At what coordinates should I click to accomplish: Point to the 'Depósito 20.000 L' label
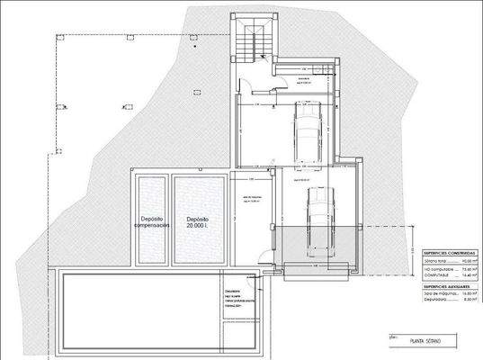pyautogui.click(x=198, y=222)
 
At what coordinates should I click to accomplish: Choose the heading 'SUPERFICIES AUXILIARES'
pyautogui.click(x=444, y=285)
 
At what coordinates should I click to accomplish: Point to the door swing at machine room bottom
pyautogui.click(x=261, y=254)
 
